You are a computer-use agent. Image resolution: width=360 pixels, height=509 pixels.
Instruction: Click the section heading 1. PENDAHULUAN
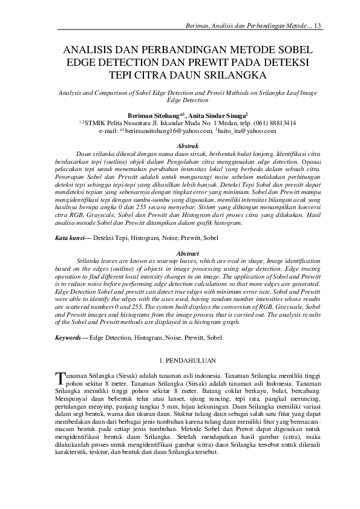179,360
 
